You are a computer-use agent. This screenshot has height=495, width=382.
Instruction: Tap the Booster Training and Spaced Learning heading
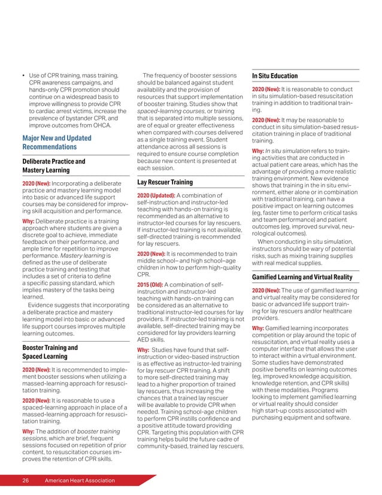(50, 352)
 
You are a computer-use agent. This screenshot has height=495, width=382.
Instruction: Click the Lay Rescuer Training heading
(165, 182)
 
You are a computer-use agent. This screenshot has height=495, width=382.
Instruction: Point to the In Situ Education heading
(275, 76)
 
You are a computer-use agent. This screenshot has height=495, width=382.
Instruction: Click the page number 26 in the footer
(26, 481)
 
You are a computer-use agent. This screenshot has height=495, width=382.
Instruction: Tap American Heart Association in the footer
(76, 481)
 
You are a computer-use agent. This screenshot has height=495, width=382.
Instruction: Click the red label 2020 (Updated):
(156, 195)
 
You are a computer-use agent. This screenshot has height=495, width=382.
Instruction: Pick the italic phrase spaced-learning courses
(168, 112)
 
